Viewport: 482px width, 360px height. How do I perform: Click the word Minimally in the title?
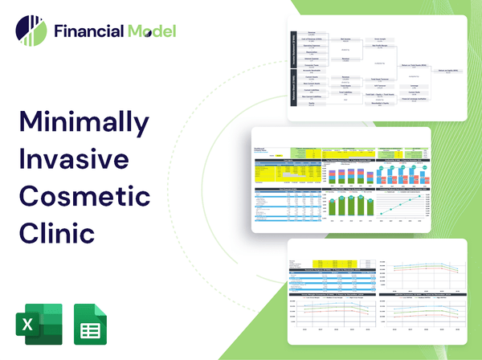pyautogui.click(x=83, y=122)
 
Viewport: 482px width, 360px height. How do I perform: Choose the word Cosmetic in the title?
pyautogui.click(x=84, y=196)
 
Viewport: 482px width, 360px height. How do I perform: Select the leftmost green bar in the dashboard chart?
pyautogui.click(x=333, y=205)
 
